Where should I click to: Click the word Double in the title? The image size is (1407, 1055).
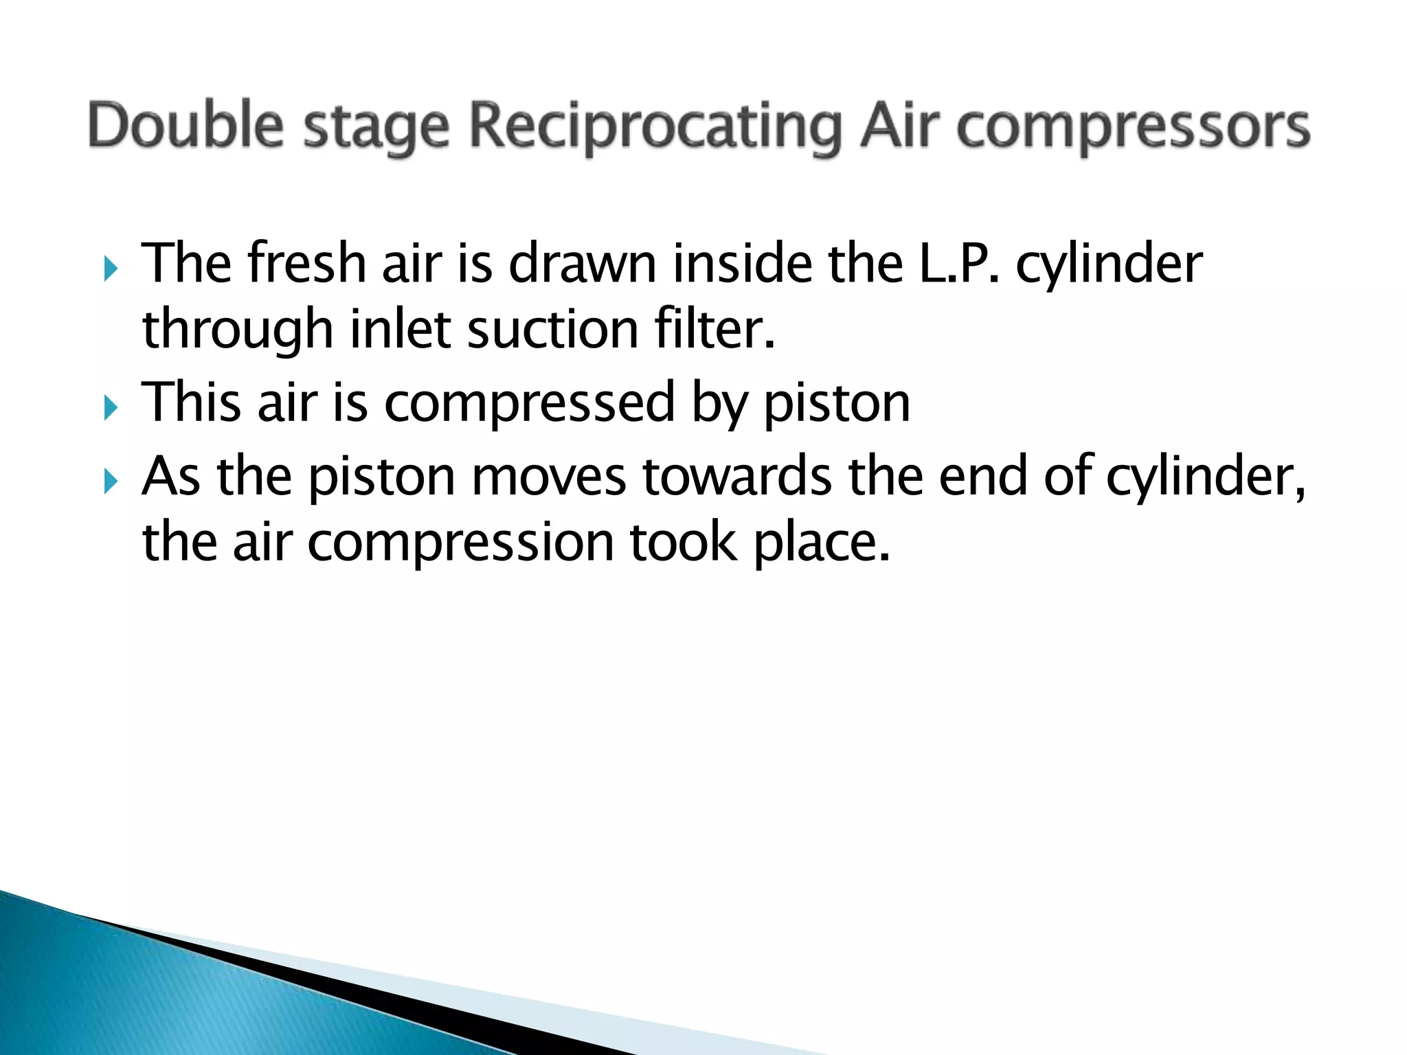[x=185, y=126]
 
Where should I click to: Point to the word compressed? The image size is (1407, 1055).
[x=530, y=403]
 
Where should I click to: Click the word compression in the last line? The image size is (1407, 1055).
[x=460, y=543]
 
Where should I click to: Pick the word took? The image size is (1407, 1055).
[x=684, y=542]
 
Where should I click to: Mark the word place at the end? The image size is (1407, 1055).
[x=821, y=543]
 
